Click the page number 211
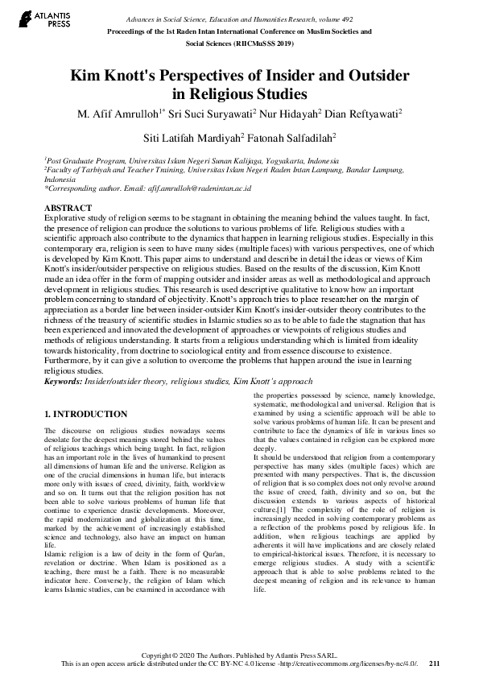435,664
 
